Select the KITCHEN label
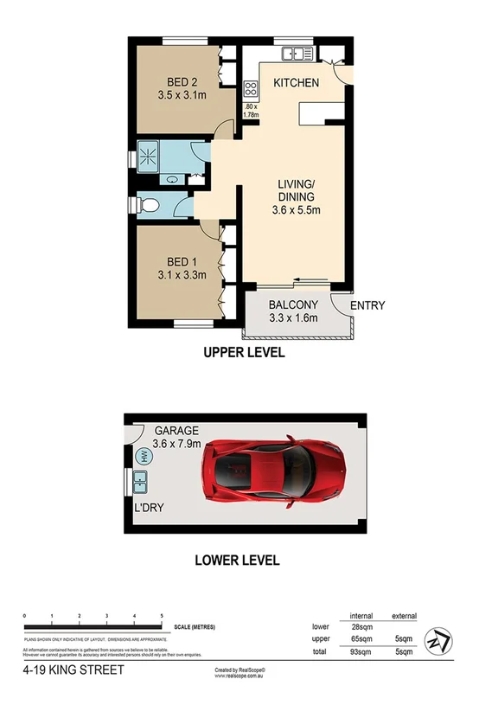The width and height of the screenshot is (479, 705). tap(296, 83)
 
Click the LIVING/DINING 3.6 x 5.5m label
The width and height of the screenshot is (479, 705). tap(296, 196)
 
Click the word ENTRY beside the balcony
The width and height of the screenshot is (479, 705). tap(367, 305)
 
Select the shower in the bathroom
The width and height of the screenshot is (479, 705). tap(148, 157)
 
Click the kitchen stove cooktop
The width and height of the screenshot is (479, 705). tap(251, 88)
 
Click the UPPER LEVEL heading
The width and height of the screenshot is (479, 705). tap(244, 353)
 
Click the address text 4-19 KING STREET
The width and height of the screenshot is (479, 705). tap(73, 670)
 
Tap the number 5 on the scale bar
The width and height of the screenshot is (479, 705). tap(162, 615)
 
